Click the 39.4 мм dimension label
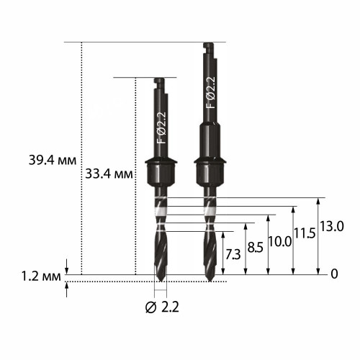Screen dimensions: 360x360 [x=53, y=161]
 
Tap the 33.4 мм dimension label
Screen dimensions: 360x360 [x=109, y=174]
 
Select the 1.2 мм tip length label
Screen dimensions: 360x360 [x=41, y=276]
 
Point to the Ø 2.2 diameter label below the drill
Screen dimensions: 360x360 [x=162, y=307]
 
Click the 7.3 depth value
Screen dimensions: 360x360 [x=233, y=255]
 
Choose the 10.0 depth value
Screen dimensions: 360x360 [x=280, y=241]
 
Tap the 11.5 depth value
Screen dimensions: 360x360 [x=305, y=233]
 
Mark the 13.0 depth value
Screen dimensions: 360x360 [x=332, y=226]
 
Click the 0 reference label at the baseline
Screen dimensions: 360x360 [x=334, y=274]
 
